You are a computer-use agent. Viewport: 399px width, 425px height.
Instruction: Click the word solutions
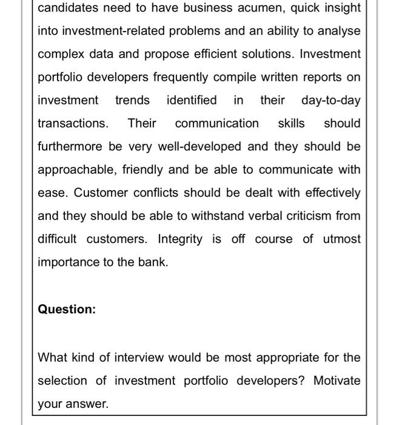[x=259, y=54]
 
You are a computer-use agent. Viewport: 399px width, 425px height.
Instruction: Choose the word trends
[x=132, y=100]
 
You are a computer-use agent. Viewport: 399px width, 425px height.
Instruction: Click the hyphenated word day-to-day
[x=330, y=100]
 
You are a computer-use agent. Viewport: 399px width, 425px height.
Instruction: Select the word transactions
[x=73, y=123]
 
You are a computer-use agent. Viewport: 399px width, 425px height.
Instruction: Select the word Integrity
[x=180, y=239]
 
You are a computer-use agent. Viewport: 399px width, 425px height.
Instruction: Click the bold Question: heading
[x=67, y=309]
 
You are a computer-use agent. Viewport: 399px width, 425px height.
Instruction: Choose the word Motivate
[x=337, y=381]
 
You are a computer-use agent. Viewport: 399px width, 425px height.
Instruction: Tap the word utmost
[x=341, y=239]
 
